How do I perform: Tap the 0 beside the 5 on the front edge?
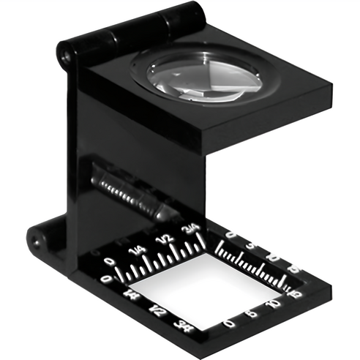tap(230, 323)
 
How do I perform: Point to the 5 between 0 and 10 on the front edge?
tap(253, 312)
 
